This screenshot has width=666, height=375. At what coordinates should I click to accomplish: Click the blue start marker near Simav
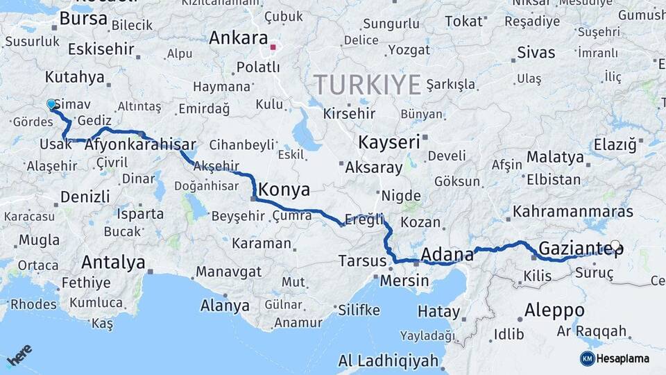pyautogui.click(x=51, y=105)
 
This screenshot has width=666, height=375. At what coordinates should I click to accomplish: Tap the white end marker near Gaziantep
pyautogui.click(x=615, y=245)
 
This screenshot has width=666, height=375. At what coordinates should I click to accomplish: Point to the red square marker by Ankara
pyautogui.click(x=273, y=47)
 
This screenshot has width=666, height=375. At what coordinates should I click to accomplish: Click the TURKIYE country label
pyautogui.click(x=368, y=85)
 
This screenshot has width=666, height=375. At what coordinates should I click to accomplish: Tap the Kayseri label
pyautogui.click(x=389, y=142)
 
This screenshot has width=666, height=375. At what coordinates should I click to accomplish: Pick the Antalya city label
pyautogui.click(x=113, y=262)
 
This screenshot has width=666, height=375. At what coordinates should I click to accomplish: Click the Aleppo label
pyautogui.click(x=554, y=310)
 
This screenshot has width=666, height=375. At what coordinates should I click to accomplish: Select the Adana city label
pyautogui.click(x=447, y=254)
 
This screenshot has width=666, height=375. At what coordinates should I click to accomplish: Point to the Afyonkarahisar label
pyautogui.click(x=142, y=146)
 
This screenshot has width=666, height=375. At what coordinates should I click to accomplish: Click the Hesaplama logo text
pyautogui.click(x=623, y=358)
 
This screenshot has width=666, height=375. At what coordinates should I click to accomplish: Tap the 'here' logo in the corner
pyautogui.click(x=19, y=355)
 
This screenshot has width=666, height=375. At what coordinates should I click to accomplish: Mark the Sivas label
pyautogui.click(x=536, y=53)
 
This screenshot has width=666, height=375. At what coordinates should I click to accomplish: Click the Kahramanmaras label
pyautogui.click(x=573, y=212)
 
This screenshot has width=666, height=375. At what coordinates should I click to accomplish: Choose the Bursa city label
pyautogui.click(x=83, y=19)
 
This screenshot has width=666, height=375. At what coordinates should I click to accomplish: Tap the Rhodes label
pyautogui.click(x=33, y=304)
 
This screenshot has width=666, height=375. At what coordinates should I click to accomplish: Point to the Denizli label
pyautogui.click(x=85, y=197)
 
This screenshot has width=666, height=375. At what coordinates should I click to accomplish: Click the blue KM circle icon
pyautogui.click(x=587, y=358)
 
